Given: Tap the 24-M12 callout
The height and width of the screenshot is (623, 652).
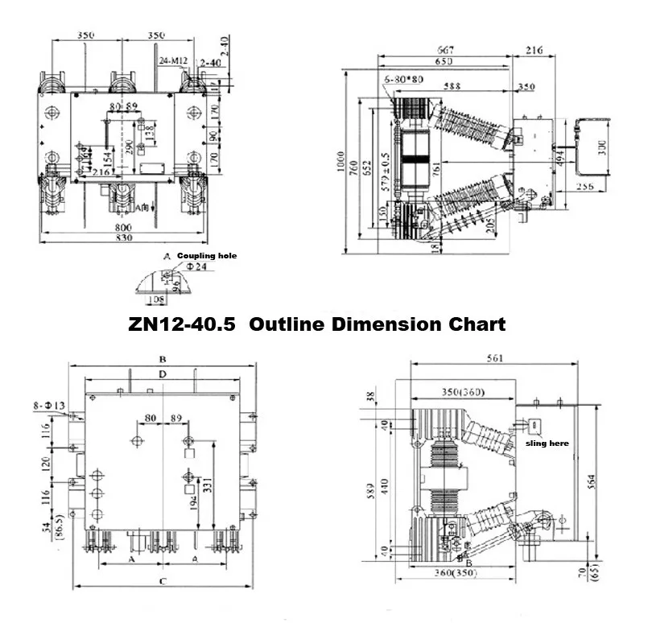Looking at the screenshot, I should [173, 60].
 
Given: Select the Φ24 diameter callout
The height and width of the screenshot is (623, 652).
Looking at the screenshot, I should [188, 267].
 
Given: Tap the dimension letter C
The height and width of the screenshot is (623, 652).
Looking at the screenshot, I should [162, 580].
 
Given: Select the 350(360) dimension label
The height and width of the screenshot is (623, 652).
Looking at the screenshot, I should [464, 392].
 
